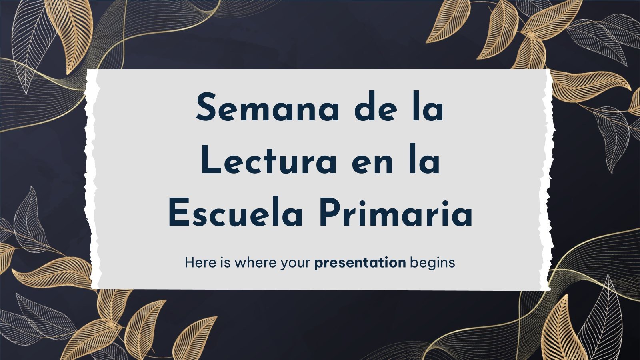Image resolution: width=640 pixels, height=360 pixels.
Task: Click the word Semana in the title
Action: coord(267,107)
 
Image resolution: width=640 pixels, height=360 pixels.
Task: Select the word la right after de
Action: coord(429,107)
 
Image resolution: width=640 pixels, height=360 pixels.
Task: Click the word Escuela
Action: coord(235,213)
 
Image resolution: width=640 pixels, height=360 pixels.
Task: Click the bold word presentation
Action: coord(360,263)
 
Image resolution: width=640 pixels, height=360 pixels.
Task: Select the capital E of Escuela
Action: coord(178,213)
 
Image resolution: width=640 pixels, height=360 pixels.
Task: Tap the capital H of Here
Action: coord(190,263)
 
